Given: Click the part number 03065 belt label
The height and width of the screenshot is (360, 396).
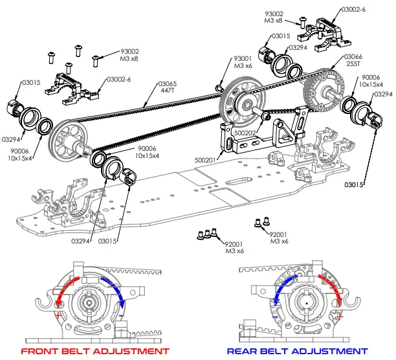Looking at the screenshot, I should pyautogui.click(x=167, y=87).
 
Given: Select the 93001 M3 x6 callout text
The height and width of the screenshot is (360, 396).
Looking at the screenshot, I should pyautogui.click(x=243, y=62).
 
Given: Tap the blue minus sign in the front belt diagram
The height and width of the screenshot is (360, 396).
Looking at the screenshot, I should pyautogui.click(x=121, y=315).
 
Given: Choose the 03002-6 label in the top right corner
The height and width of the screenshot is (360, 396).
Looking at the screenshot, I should pyautogui.click(x=353, y=10).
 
